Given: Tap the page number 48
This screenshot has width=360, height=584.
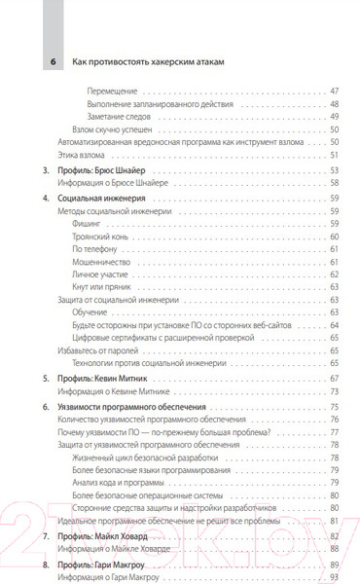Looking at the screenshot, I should tap(334, 103).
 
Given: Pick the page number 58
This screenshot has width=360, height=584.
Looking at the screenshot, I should tap(334, 180).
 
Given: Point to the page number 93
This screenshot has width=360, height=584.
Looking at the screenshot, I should tap(334, 577).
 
